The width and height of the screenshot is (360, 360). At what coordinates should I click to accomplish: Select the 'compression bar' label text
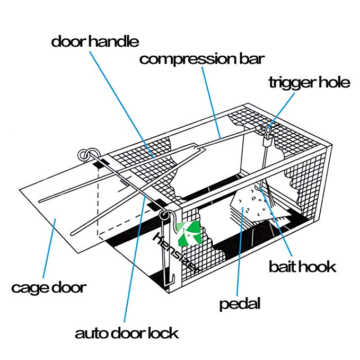click(201, 58)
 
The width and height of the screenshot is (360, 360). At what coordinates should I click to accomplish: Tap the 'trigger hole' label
click(309, 83)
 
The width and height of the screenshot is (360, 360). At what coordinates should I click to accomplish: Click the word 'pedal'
click(240, 304)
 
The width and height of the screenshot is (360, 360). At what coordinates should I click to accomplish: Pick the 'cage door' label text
click(48, 288)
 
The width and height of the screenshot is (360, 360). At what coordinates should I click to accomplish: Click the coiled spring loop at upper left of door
click(84, 155)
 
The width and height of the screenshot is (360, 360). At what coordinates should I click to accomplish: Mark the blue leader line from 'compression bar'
click(213, 101)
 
